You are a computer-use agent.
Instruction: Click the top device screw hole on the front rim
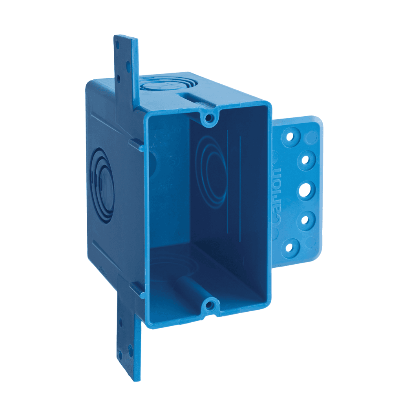pyautogui.click(x=210, y=117)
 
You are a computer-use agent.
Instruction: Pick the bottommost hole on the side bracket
pyautogui.click(x=290, y=248)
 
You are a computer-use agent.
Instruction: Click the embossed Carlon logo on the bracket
pyautogui.click(x=276, y=192)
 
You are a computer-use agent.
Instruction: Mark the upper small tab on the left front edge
pyautogui.click(x=137, y=145)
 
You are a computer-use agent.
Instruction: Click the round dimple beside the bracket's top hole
pyautogui.click(x=312, y=137)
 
